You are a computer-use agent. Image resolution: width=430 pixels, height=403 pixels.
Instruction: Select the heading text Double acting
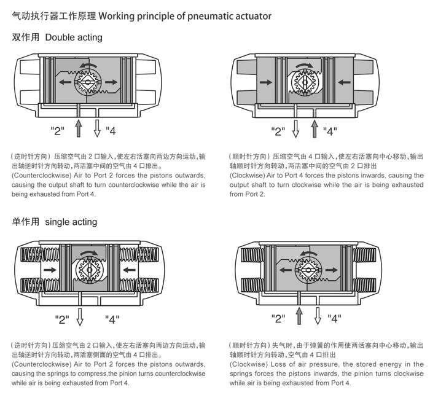[x=74, y=37]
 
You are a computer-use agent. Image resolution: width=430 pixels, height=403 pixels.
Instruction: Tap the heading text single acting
[x=71, y=222]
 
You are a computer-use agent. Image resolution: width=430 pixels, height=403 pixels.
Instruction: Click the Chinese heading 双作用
[x=26, y=37]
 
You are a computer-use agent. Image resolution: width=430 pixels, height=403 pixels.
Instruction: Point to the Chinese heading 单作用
[x=26, y=222]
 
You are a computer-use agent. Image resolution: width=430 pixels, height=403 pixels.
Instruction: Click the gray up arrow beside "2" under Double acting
[x=78, y=128]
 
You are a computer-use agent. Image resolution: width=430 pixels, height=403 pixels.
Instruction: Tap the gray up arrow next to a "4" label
[x=315, y=128]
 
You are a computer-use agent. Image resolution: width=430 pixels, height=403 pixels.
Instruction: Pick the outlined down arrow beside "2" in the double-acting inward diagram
[x=295, y=128]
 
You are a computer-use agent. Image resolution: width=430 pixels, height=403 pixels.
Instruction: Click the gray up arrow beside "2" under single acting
[x=299, y=316]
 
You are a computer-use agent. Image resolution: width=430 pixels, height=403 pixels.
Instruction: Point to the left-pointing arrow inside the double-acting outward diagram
[x=64, y=81]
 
